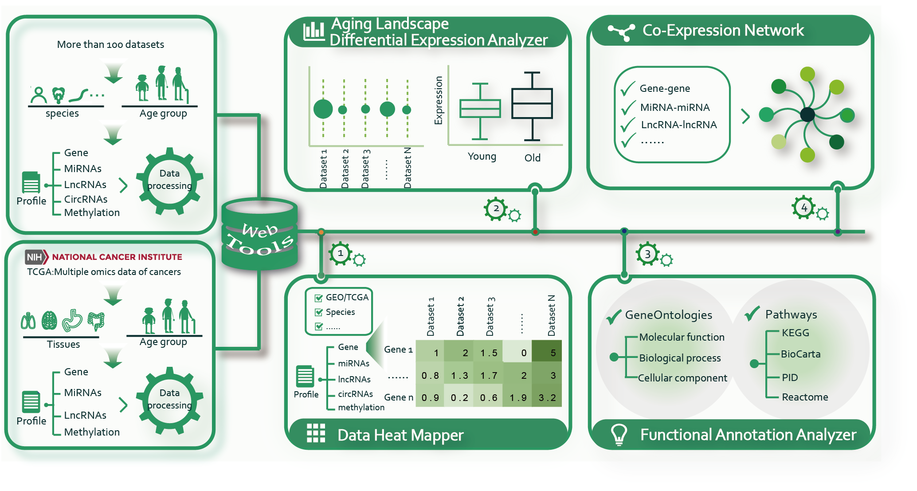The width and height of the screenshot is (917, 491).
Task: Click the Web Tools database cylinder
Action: point(260,234)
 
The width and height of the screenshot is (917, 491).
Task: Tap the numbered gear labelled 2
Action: point(496,208)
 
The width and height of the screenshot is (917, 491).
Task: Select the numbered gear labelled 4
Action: point(803,208)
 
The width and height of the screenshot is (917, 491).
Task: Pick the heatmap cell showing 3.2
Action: point(547,397)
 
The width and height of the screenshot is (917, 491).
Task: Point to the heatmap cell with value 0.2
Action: point(459,397)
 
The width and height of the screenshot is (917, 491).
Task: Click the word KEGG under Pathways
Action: point(795,333)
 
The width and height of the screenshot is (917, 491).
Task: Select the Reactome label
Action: point(804,397)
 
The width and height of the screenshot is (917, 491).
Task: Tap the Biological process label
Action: point(680,358)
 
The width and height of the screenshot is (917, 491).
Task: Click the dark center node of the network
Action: point(807,114)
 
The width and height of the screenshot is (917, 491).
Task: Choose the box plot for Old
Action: point(532,104)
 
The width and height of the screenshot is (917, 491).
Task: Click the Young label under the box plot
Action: point(482,157)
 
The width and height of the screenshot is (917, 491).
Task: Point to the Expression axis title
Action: point(439,100)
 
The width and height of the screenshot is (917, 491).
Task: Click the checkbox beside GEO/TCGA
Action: point(318,298)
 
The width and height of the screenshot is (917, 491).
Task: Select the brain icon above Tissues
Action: point(49,320)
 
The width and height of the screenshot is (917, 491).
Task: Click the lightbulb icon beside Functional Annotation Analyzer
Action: point(619,434)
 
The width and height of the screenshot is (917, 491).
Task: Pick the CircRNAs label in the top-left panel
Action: point(86,199)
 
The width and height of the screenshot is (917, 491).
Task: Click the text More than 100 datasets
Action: point(110,44)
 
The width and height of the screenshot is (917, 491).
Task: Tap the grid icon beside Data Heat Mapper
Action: point(316,433)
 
